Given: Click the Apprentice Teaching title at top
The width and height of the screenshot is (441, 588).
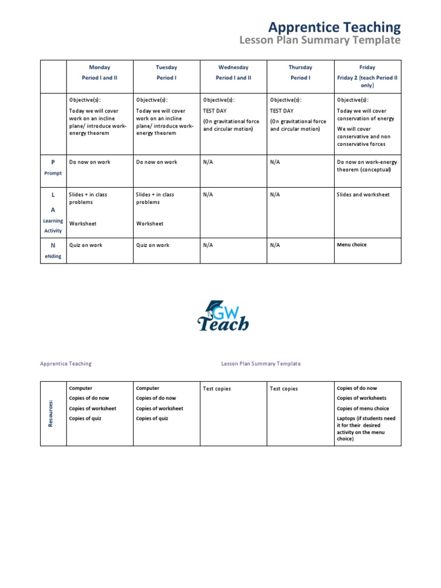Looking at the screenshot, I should click(335, 27).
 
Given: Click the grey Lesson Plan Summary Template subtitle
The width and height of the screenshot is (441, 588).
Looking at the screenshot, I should click(319, 40).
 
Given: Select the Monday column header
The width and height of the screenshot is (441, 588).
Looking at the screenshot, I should click(99, 67).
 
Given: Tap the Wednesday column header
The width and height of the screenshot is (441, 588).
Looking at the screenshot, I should click(233, 67).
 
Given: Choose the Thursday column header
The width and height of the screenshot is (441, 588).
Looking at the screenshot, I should click(300, 67).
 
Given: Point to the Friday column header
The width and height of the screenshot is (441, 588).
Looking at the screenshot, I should click(367, 67).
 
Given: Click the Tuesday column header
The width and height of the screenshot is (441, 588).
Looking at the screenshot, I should click(167, 67).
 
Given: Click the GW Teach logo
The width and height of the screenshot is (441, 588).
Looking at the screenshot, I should click(223, 316).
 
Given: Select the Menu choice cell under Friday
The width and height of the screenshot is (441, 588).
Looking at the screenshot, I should click(351, 245).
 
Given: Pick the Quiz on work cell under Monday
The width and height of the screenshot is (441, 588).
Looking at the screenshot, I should click(86, 245).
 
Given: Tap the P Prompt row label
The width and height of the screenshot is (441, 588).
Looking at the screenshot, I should click(53, 167).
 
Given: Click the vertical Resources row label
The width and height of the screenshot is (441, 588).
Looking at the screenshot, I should click(51, 413).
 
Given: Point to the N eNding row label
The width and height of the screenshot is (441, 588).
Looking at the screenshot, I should click(53, 250).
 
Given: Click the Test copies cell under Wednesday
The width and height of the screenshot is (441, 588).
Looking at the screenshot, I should click(217, 389).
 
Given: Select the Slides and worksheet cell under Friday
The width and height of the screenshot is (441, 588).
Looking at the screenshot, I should click(363, 195).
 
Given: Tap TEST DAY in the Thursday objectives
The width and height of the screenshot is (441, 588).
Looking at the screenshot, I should click(281, 111).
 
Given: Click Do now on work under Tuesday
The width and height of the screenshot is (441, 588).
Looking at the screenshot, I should click(156, 162).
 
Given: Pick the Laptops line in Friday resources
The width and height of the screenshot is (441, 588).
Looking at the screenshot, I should click(366, 429).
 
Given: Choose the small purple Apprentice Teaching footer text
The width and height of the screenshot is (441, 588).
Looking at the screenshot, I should click(65, 363).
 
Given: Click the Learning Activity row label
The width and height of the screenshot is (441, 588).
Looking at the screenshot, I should click(53, 225).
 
